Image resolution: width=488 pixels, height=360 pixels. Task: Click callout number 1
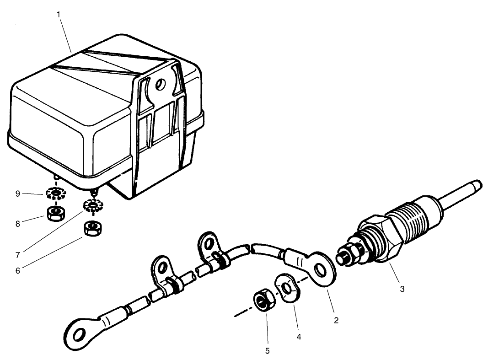(59, 14)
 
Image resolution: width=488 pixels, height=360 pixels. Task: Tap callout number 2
(336, 320)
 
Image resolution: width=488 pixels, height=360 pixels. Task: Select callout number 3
(402, 289)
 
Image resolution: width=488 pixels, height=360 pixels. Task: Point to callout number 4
(299, 337)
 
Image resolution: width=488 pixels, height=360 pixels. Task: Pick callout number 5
(267, 351)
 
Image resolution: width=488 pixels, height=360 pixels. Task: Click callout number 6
(18, 270)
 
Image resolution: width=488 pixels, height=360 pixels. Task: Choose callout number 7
(18, 253)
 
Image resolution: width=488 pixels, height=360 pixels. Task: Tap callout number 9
(18, 193)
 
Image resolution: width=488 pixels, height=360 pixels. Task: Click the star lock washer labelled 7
(94, 206)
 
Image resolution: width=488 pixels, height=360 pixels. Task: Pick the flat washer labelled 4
(287, 288)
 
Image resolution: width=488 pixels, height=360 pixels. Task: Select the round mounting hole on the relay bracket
(160, 84)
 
